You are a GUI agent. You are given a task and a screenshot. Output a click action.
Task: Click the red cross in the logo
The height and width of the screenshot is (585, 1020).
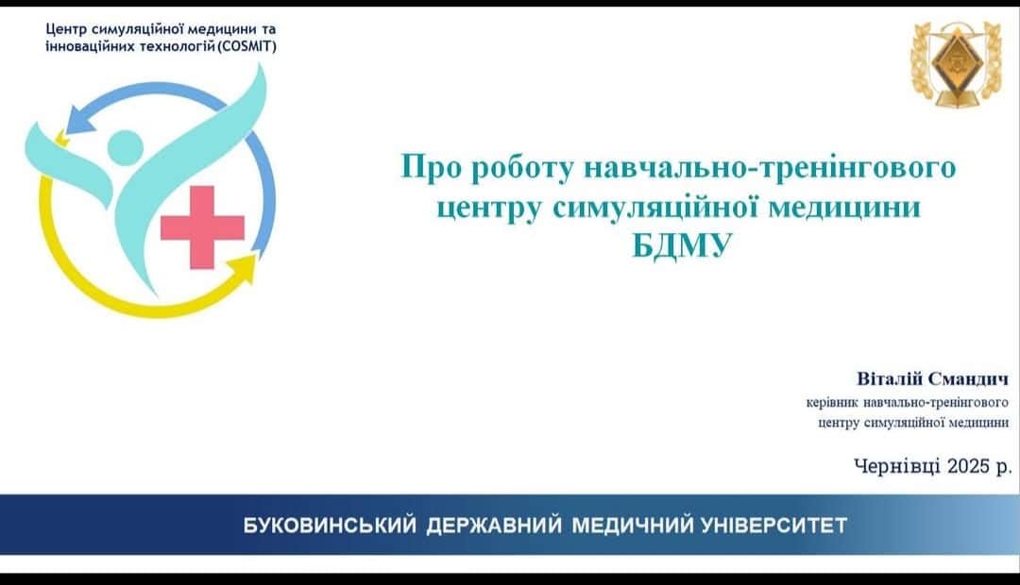point(202,227)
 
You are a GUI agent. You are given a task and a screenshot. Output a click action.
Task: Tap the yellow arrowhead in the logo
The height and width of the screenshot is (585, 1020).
point(244,267)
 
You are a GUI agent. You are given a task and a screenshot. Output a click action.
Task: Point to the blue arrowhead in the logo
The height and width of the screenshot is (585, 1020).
point(80,120)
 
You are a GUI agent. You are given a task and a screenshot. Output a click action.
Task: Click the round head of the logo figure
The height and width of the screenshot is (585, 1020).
point(125,147)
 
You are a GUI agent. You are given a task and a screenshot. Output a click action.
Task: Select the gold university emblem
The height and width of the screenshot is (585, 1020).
point(956,63)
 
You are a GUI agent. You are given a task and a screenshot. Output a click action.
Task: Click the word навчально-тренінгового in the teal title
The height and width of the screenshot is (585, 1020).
point(771,168)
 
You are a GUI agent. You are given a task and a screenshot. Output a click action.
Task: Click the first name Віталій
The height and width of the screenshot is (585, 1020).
point(890,379)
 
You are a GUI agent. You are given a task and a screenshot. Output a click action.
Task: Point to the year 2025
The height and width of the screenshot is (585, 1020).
point(968,465)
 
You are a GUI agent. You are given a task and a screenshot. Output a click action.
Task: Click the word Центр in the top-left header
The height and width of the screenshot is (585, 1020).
point(66,30)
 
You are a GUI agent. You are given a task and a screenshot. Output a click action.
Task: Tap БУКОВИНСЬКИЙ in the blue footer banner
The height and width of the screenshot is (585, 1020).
point(330,526)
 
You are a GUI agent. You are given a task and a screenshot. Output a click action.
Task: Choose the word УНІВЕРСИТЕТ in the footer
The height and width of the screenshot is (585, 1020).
point(774,526)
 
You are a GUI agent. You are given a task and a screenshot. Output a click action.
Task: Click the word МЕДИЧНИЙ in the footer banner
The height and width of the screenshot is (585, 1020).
point(632,526)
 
